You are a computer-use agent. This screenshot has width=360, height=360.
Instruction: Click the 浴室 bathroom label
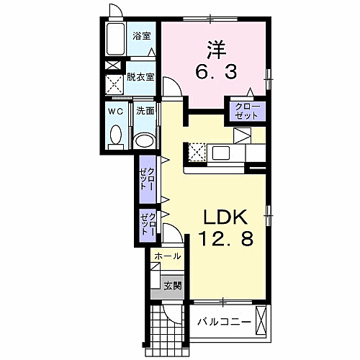141,35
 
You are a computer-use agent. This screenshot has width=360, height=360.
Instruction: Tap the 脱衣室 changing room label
140,77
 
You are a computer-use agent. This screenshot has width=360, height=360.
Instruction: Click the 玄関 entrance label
171,286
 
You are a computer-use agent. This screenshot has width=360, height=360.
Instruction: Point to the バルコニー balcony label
225,321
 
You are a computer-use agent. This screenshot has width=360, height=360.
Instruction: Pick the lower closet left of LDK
148,224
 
